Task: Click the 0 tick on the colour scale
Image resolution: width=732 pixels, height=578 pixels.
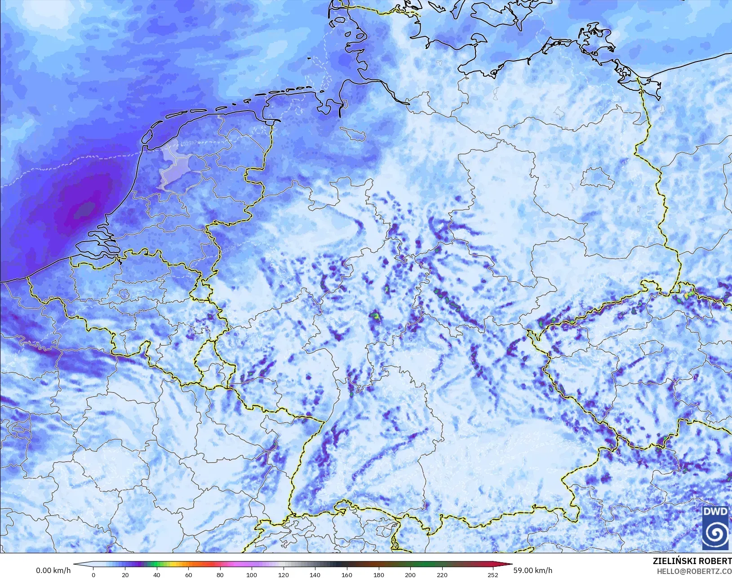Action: click(93, 574)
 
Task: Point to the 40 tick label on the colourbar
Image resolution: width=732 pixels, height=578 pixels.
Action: click(156, 574)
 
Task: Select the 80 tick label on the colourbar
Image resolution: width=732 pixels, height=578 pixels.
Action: click(220, 574)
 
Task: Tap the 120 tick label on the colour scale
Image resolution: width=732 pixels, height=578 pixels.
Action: click(283, 574)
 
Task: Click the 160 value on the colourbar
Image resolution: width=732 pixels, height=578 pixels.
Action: click(346, 574)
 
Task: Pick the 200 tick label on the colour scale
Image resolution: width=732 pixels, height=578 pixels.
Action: click(410, 574)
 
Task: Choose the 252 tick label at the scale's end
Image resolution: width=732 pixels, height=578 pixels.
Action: click(493, 574)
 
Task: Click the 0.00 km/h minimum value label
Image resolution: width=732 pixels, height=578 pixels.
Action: click(53, 570)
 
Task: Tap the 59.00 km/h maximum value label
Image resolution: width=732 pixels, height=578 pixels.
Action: click(533, 570)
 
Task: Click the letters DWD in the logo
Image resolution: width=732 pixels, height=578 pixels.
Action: click(715, 512)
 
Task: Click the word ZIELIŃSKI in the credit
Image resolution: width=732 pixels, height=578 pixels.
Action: click(674, 561)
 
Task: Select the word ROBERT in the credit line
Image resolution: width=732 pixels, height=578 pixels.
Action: click(715, 561)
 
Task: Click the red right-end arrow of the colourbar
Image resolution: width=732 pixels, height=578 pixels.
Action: click(507, 565)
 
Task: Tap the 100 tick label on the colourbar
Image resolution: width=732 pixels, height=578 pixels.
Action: click(252, 574)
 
